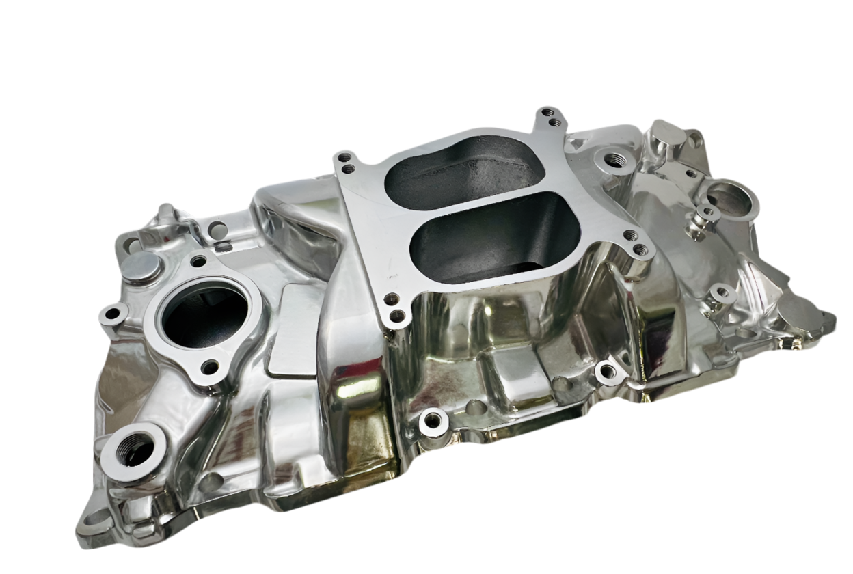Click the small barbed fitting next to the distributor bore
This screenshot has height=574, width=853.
[x=703, y=217]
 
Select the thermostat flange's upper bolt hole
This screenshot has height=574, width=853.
[x=199, y=261]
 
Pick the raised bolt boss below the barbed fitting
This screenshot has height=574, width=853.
[x=721, y=295]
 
